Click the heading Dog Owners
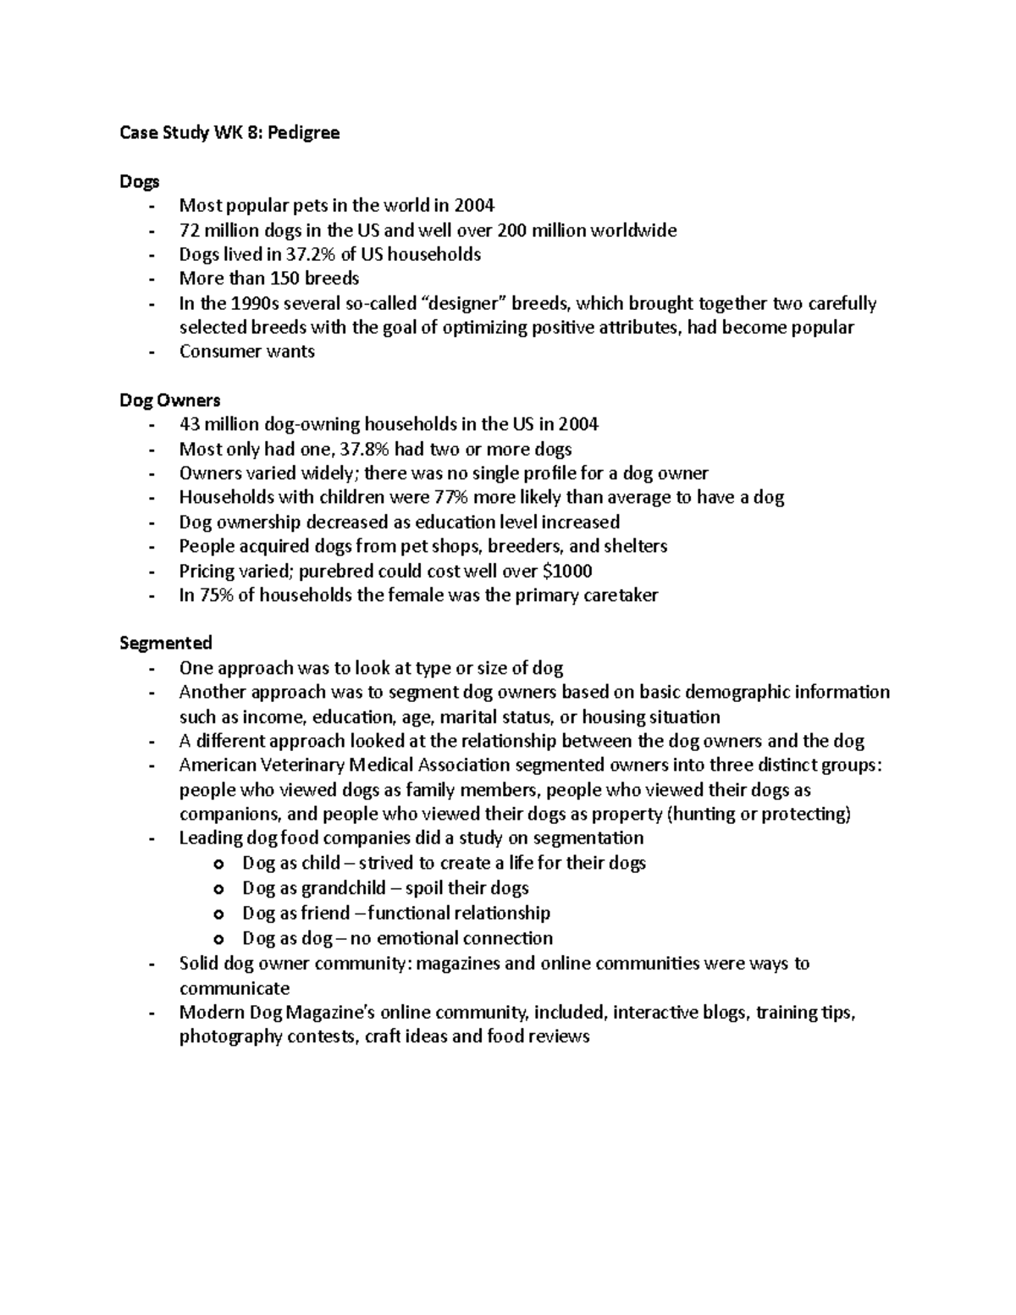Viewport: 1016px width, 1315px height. tap(169, 400)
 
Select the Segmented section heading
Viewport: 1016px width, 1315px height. tap(166, 643)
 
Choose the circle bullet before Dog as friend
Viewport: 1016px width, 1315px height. tap(219, 914)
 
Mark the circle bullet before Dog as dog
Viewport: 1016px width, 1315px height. tap(219, 939)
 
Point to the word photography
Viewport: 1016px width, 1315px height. tap(224, 1037)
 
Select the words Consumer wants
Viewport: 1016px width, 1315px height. tap(246, 351)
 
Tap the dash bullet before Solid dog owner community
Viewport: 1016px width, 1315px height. tap(152, 964)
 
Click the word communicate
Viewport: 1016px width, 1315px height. tap(234, 988)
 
